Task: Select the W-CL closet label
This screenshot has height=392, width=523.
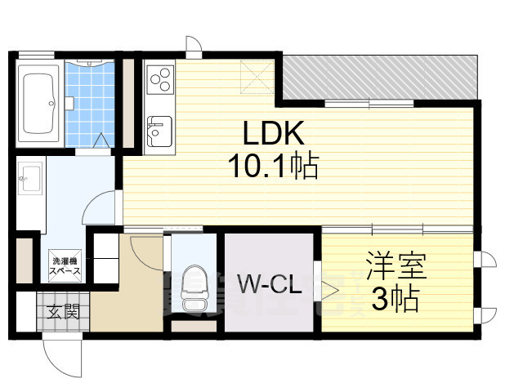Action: point(270,285)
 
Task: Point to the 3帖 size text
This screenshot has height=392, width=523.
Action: point(396,300)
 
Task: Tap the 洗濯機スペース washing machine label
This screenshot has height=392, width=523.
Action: point(65,262)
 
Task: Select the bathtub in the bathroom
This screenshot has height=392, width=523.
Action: point(38,105)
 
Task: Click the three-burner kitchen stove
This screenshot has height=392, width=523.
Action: point(159,79)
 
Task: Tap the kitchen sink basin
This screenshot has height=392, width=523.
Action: point(159,128)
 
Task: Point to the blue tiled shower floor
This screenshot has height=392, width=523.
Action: point(91,106)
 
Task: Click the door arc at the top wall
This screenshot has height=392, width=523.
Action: point(193,46)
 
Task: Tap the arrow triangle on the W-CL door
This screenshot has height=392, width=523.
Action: point(330,287)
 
